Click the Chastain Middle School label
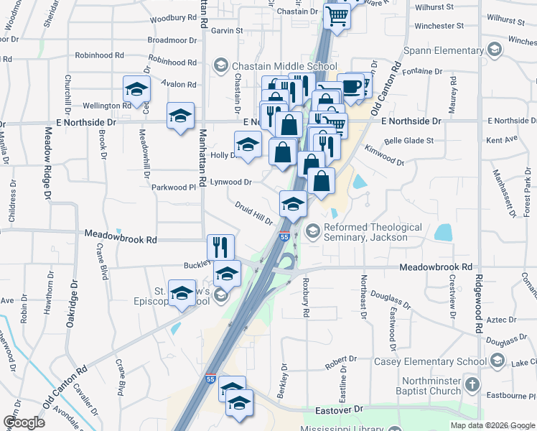coord(285,67)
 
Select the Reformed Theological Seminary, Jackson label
coord(373,232)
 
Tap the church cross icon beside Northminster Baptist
coord(472,384)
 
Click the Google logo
coord(24,422)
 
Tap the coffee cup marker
coord(350,86)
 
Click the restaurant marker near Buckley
coord(220,246)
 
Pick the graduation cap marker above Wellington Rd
coord(136,89)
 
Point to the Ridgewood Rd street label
coord(478,302)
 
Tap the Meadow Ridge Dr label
coord(48,163)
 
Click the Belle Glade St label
coord(409,141)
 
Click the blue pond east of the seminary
coord(443,232)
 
